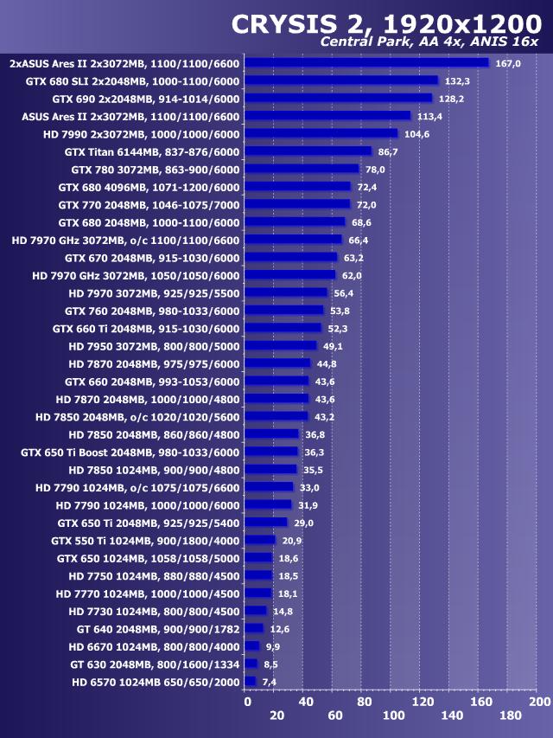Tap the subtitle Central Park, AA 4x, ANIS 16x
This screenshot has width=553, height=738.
429,42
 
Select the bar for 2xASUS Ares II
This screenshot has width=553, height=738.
366,62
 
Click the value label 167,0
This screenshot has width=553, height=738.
507,63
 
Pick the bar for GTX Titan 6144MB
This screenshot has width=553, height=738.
308,151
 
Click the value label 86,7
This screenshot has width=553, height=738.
389,151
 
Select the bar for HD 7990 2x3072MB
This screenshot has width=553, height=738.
321,134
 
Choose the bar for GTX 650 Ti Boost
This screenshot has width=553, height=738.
271,452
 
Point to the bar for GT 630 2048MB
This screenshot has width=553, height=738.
251,664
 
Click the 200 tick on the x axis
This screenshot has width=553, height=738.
539,701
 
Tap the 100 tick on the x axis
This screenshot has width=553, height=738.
393,716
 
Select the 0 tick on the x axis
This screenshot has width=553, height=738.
248,701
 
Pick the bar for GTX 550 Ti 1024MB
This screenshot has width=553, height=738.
260,540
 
